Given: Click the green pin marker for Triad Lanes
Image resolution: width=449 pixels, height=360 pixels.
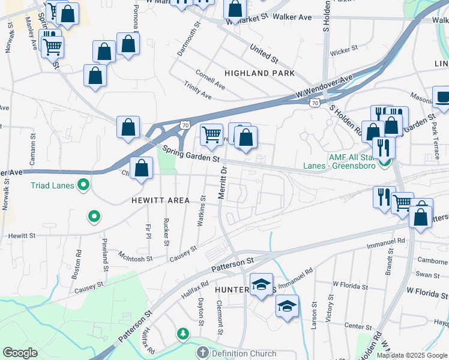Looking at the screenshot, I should [x=84, y=185].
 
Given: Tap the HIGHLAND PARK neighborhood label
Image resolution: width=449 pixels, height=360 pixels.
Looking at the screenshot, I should [x=259, y=73].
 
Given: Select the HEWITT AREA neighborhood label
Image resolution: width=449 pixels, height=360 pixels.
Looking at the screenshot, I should [x=161, y=200].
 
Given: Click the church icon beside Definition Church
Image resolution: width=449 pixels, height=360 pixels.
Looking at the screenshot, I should [x=203, y=353].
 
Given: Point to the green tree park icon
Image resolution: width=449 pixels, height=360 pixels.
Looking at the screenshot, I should [x=182, y=333].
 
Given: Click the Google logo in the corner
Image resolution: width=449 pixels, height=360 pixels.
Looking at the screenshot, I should [x=20, y=353].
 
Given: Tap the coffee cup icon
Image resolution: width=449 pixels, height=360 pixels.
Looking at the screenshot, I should [x=442, y=98].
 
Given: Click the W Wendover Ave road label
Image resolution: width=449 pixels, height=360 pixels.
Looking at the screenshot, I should [x=324, y=88].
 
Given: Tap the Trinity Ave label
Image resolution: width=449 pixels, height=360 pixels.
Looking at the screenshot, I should [x=198, y=92].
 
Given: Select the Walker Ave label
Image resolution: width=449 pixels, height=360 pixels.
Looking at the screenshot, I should [x=292, y=17].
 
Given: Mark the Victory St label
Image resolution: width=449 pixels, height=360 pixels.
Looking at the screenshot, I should [x=329, y=308].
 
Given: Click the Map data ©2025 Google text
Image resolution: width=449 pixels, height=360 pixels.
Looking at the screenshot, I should [x=411, y=355].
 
